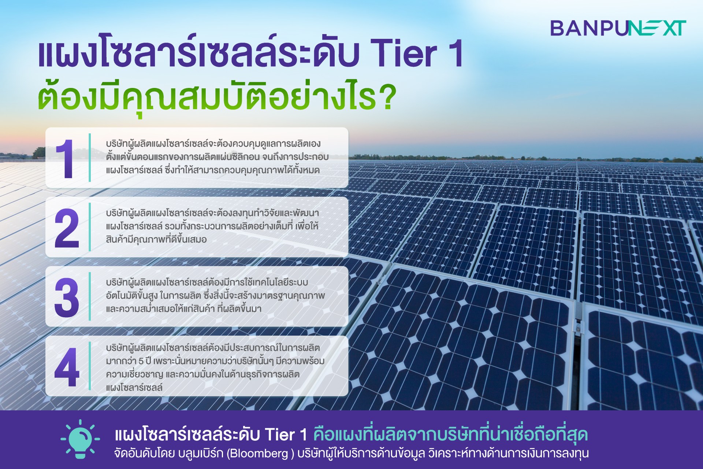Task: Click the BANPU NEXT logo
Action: pyautogui.click(x=618, y=28)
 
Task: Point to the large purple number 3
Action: pyautogui.click(x=67, y=298)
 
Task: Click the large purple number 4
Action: pyautogui.click(x=67, y=367)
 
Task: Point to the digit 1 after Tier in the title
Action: pyautogui.click(x=454, y=54)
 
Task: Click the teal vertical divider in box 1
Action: pyautogui.click(x=90, y=158)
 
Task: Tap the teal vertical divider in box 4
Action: pyautogui.click(x=90, y=366)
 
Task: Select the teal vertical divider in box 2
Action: pyautogui.click(x=90, y=227)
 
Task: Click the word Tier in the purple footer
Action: pyautogui.click(x=280, y=435)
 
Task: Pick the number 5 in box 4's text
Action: pyautogui.click(x=141, y=361)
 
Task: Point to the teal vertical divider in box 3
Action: pyautogui.click(x=90, y=296)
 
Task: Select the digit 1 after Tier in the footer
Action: pyautogui.click(x=304, y=435)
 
